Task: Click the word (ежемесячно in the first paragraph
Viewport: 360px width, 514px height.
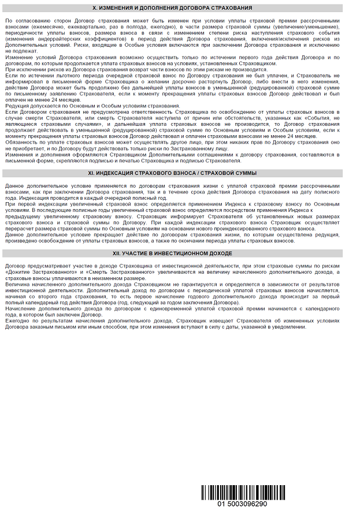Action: coord(30,26)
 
